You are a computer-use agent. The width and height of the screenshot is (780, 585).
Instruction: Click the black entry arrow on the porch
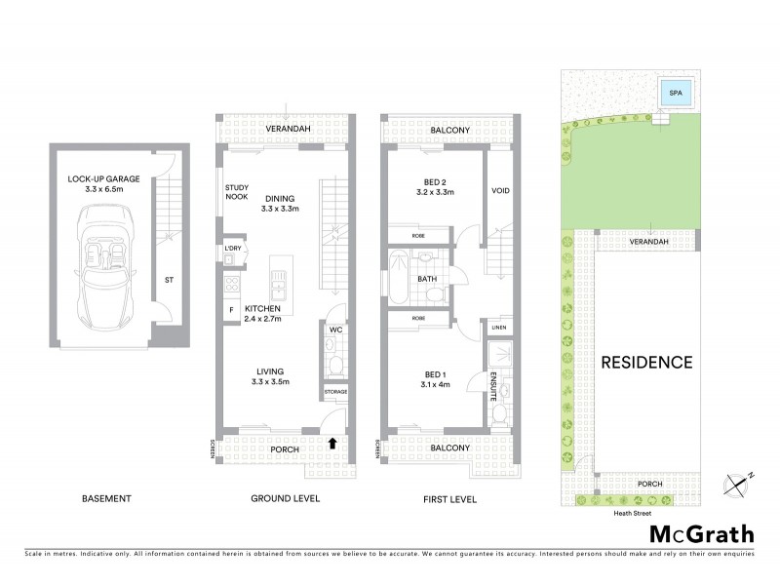[334, 443]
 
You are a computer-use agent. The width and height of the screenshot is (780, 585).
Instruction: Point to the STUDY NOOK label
[237, 193]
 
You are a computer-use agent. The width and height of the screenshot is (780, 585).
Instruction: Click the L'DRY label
[232, 250]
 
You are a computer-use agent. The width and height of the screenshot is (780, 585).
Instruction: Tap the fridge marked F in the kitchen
[232, 310]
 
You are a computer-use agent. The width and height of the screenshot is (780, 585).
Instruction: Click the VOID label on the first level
[500, 190]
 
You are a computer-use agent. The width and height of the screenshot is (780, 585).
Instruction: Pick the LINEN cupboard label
[499, 327]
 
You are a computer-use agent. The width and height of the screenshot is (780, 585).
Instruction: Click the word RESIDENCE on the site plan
[645, 362]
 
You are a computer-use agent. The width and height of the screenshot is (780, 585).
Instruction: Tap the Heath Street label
[632, 512]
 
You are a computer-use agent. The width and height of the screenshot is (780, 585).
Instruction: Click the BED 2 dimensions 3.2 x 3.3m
[435, 193]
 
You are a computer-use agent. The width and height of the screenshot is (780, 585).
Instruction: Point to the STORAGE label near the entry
[335, 391]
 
